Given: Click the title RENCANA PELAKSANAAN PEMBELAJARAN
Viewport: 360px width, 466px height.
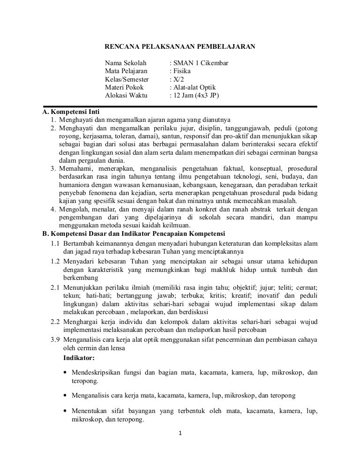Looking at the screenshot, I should tap(180, 47).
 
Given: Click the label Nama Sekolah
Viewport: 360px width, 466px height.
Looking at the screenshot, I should tap(126, 63).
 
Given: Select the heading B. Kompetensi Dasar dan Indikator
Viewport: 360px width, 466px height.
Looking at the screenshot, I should tap(134, 233).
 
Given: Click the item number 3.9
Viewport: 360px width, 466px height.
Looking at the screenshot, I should tap(56, 341).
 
